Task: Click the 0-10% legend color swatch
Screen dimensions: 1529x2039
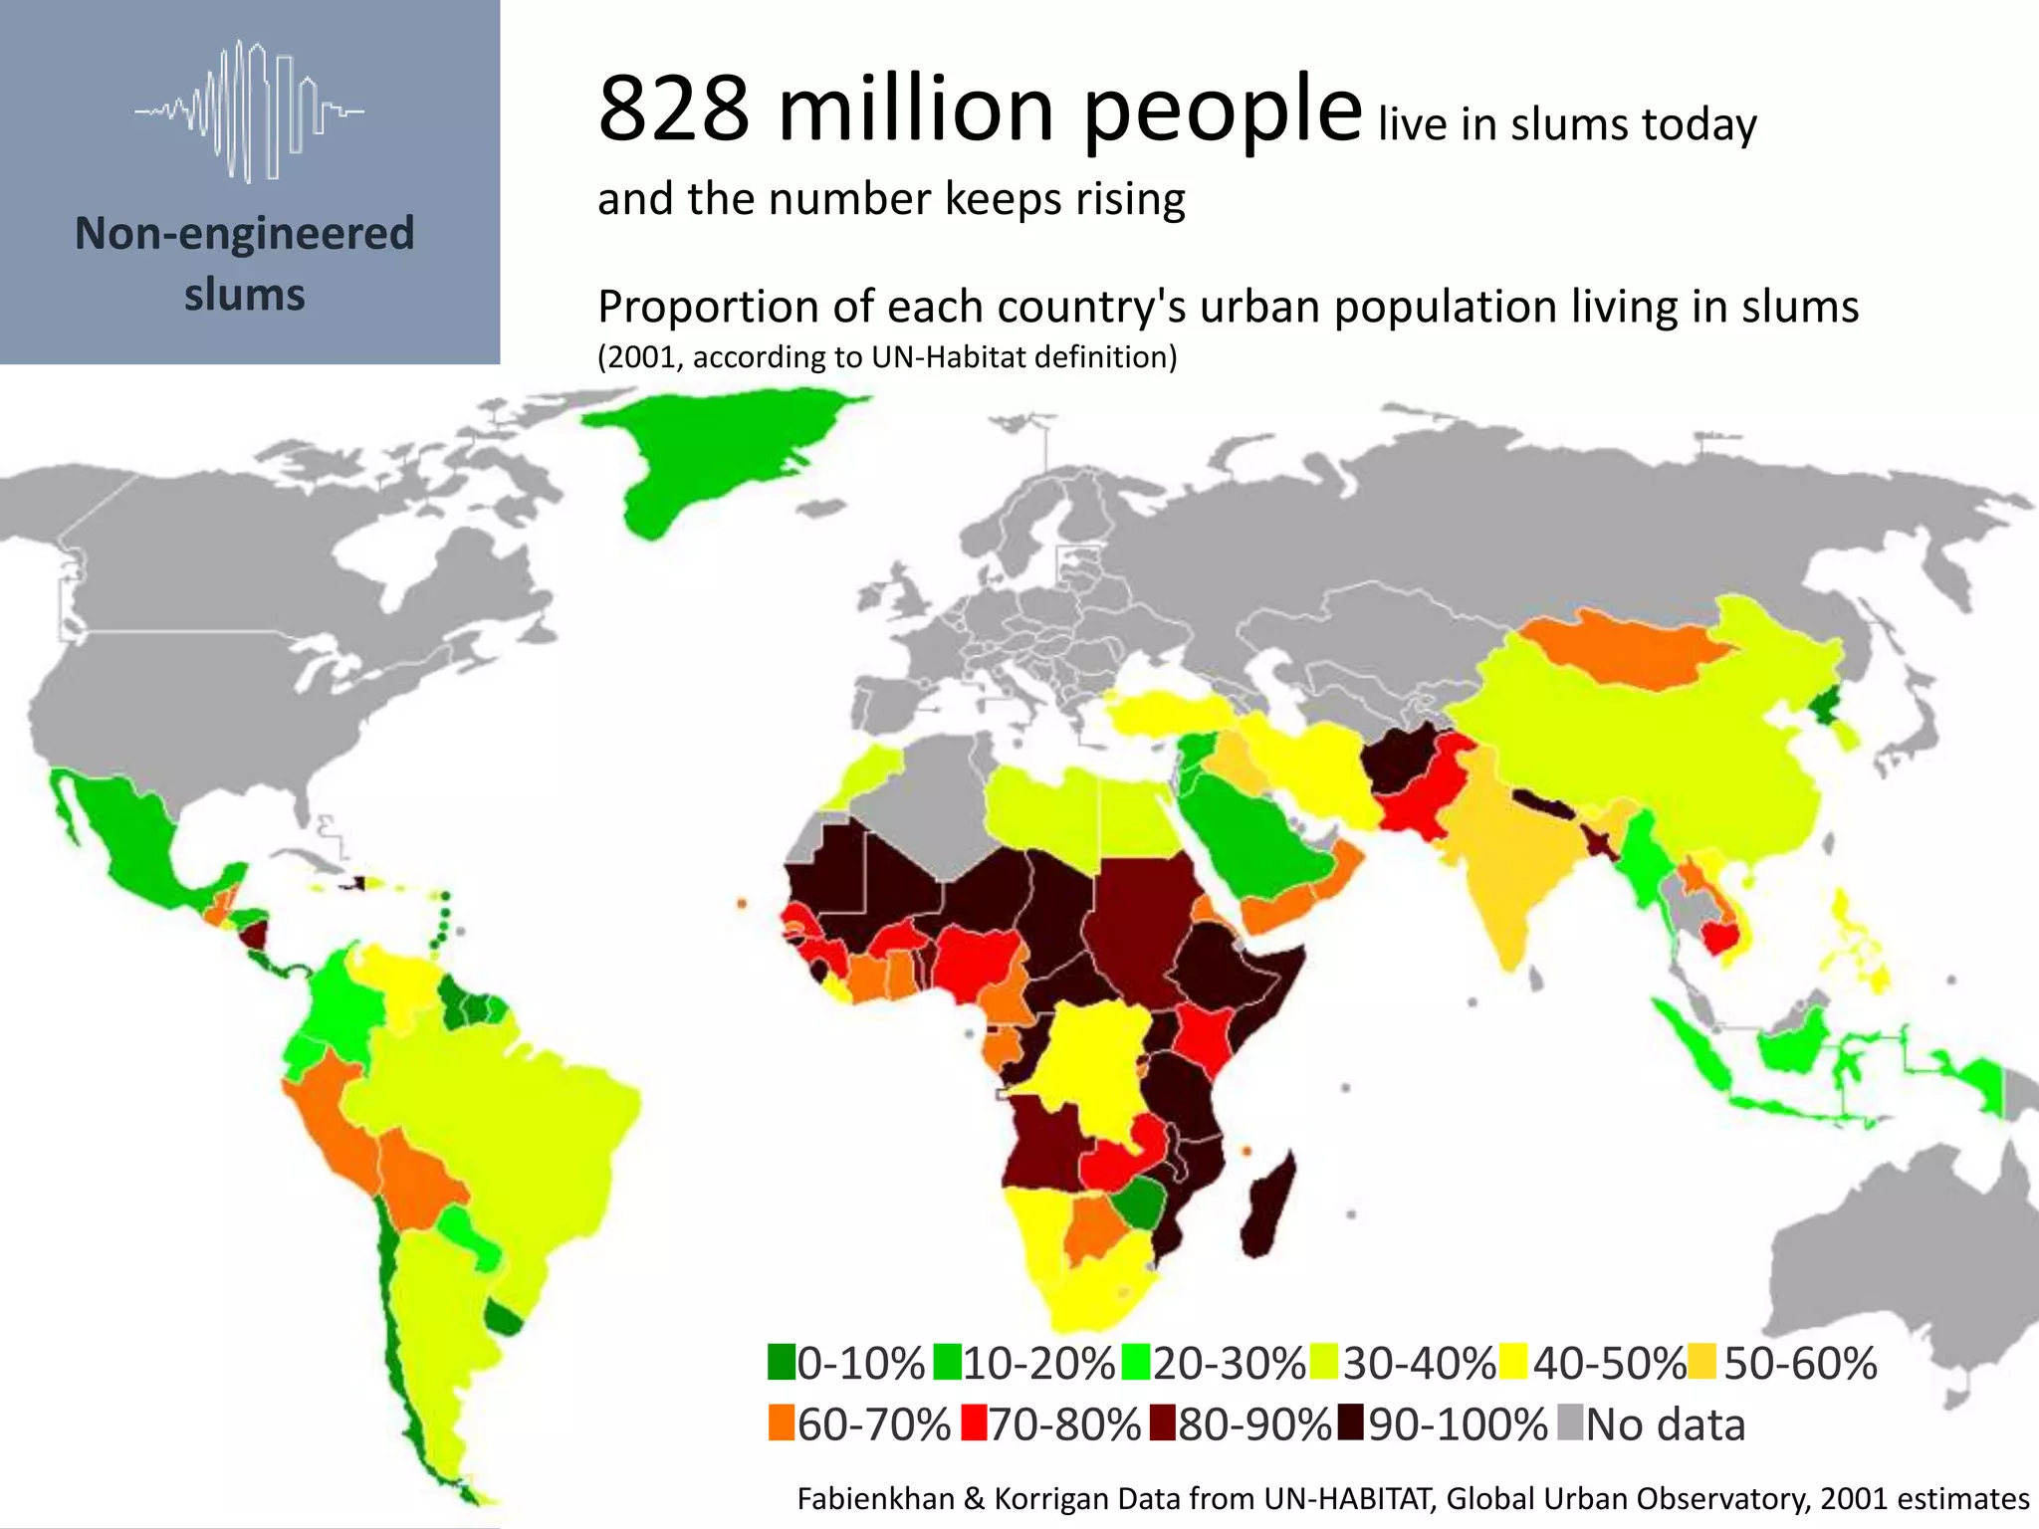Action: (782, 1362)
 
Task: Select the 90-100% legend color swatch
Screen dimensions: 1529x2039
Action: (1351, 1422)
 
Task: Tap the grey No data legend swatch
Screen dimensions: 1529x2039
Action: (1570, 1422)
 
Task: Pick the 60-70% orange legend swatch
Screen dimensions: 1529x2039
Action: (782, 1422)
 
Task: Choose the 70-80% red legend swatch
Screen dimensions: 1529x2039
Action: (974, 1422)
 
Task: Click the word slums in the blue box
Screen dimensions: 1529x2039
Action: (245, 295)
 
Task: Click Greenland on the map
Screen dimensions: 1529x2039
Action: (717, 448)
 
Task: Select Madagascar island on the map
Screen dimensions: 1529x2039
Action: (1270, 1204)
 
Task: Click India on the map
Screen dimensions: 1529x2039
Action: (1503, 856)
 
